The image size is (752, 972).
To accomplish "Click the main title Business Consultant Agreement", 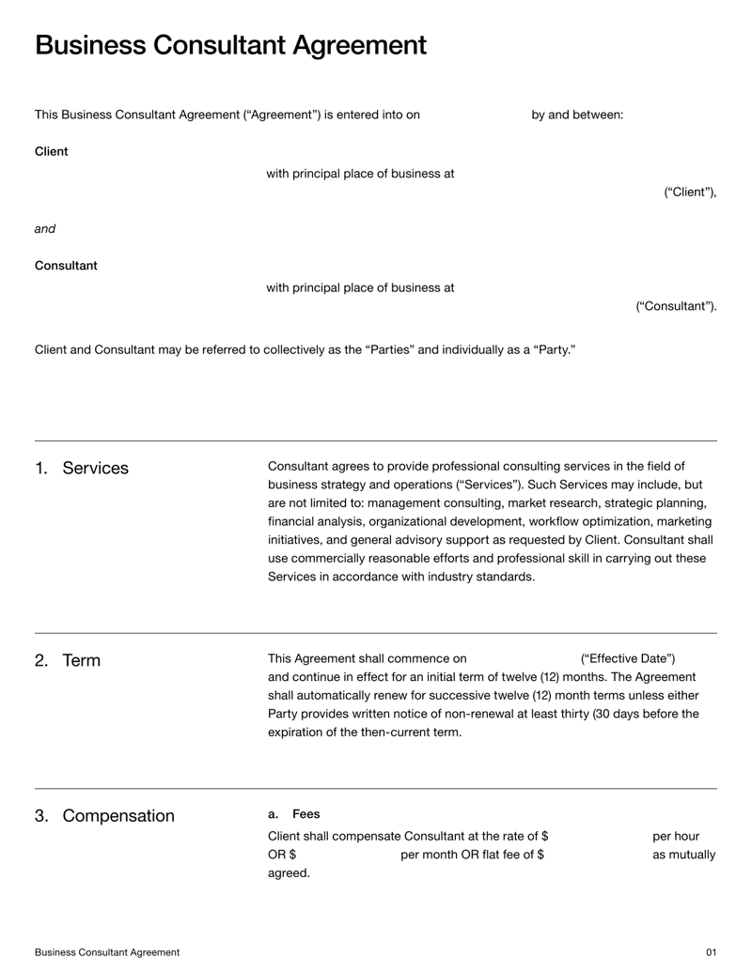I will coord(230,45).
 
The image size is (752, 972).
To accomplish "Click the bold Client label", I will coord(51,151).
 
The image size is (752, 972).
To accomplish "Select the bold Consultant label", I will coord(66,266).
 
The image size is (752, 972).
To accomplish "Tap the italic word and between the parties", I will coord(45,228).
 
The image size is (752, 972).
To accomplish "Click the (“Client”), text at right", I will coord(690,193).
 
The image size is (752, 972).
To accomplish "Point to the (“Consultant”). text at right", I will coord(676,306).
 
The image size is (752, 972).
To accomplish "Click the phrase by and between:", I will coord(577,115).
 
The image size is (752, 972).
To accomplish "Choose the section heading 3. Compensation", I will coord(104,815).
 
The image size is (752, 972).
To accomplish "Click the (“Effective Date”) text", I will coord(628,658).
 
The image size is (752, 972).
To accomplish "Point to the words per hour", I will coord(676,836).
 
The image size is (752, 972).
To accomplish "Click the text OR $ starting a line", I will coord(282,855).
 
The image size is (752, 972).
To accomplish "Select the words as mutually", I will coord(683,855).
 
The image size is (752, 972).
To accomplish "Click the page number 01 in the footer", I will coord(711,952).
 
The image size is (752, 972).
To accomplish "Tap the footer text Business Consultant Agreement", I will coord(107,952).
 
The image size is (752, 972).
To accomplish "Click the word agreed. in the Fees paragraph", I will coord(289,873).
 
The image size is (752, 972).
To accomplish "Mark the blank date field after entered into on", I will coord(475,115).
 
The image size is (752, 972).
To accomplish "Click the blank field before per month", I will coord(348,855).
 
